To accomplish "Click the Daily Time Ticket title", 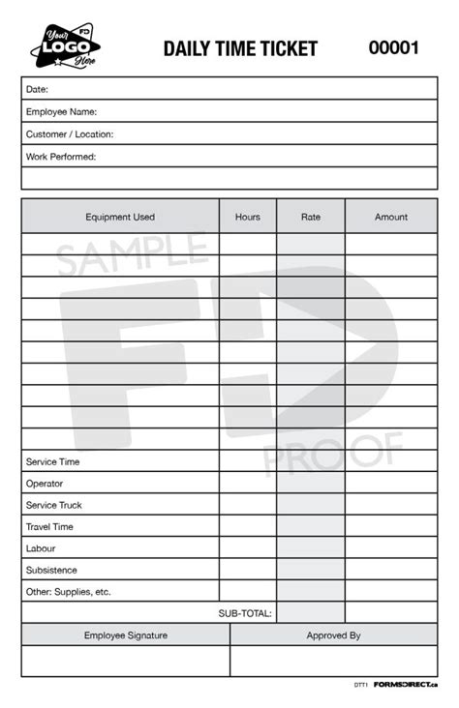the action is (x=240, y=48).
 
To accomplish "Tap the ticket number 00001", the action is (x=393, y=47).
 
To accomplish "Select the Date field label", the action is (x=37, y=89).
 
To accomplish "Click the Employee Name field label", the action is (x=61, y=112).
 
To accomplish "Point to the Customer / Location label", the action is (x=70, y=134).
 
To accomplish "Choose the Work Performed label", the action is (x=61, y=157).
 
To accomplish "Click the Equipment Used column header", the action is (x=120, y=218).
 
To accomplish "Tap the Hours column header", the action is (x=248, y=218).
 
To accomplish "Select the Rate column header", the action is (x=311, y=218).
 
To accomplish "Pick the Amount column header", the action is (x=391, y=218).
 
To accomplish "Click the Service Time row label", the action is (x=53, y=462).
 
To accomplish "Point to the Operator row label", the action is (x=45, y=484).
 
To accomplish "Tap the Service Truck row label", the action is (x=54, y=506).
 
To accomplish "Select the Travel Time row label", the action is (x=50, y=527).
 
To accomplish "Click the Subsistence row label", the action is (x=51, y=571).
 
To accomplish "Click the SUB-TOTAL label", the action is (x=245, y=613).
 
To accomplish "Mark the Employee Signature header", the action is (x=126, y=635).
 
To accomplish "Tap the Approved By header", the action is (x=333, y=635).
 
